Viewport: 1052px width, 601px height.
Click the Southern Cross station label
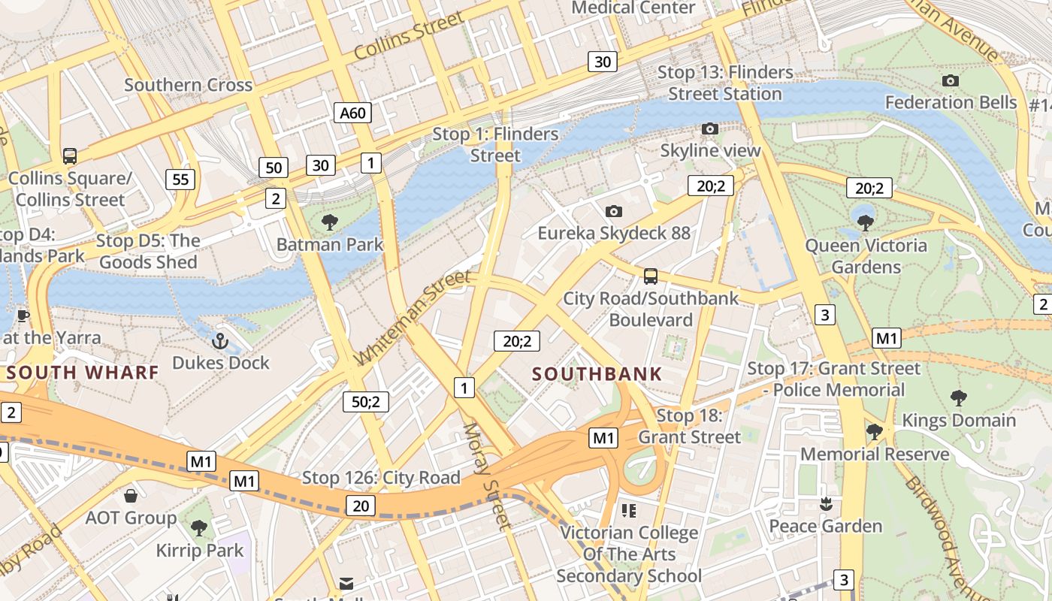coord(188,85)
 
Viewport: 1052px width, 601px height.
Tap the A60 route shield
coord(352,113)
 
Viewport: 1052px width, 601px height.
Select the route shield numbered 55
coord(180,179)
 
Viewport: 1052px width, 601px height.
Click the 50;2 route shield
coord(365,401)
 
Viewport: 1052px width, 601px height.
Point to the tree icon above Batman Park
coord(329,222)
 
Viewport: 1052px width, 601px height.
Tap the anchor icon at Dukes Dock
coord(219,341)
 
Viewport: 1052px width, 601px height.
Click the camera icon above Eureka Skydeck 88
coord(614,211)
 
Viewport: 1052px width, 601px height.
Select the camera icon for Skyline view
coord(709,129)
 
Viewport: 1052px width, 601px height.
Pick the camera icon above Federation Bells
coord(950,80)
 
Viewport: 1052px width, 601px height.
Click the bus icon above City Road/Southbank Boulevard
coord(651,276)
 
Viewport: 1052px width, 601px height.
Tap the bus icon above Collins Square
coord(70,156)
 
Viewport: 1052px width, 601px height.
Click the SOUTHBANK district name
coord(597,373)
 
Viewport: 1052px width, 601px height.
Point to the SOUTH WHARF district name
coord(83,372)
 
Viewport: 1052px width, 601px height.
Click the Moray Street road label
coord(486,476)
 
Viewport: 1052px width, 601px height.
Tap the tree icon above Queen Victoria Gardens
coord(865,222)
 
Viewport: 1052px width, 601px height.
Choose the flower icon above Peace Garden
coord(826,503)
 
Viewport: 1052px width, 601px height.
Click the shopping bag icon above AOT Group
coord(131,496)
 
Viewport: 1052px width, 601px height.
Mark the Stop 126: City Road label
coord(380,478)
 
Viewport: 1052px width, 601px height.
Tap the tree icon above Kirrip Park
coord(199,528)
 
